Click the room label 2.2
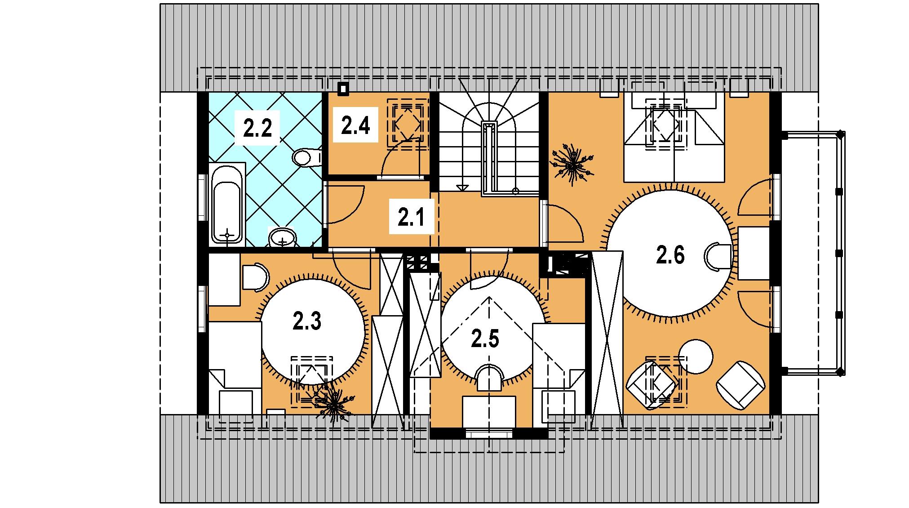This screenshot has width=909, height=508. coord(257,129)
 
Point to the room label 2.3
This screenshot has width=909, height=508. coord(307,322)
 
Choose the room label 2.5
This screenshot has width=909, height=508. coord(485,339)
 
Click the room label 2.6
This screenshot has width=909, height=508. coord(670,255)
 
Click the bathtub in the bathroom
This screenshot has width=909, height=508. coord(227,205)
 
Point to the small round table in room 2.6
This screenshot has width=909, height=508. coord(696,357)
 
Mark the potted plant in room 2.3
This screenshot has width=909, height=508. coord(333,404)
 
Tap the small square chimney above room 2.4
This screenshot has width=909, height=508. coord(344,89)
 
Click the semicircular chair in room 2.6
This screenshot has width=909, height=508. coord(717,257)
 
